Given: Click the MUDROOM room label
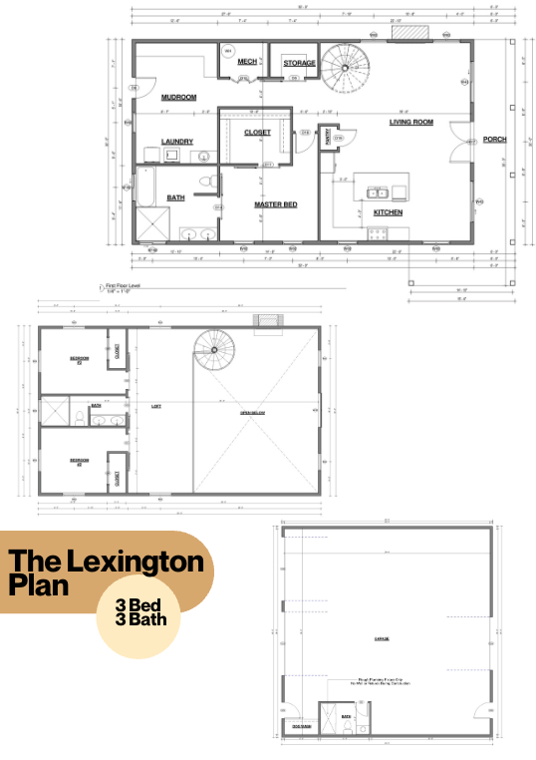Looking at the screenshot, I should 178,97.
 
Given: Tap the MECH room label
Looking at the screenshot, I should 247,62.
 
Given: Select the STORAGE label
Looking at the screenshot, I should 299,63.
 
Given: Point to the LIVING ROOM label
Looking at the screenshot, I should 410,122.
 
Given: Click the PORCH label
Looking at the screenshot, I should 494,140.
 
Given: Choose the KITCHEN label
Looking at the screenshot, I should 388,212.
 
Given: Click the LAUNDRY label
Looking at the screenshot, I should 176,142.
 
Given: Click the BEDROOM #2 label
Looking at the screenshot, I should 80,358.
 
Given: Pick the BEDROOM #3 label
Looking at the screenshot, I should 80,461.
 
